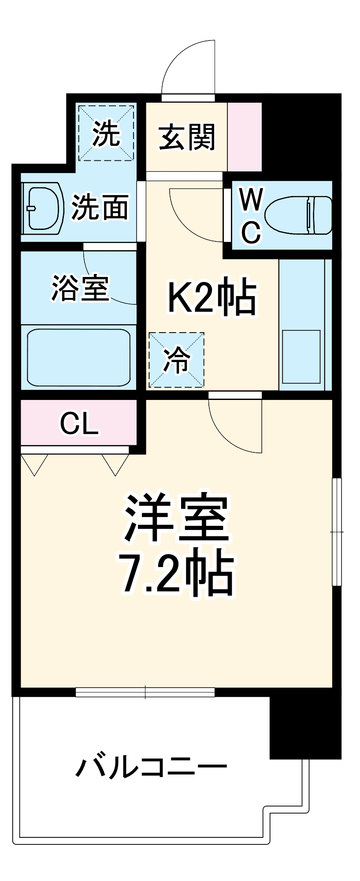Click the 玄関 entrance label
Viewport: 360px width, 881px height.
point(187,137)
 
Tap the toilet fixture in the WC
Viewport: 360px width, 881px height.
point(299,215)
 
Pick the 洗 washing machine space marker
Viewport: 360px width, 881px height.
point(106,133)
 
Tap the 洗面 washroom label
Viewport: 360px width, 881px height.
point(100,207)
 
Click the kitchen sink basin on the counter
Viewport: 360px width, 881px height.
point(301,356)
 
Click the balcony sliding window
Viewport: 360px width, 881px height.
point(145,692)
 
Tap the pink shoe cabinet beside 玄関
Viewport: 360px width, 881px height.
point(245,137)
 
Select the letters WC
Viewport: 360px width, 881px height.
point(251,215)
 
